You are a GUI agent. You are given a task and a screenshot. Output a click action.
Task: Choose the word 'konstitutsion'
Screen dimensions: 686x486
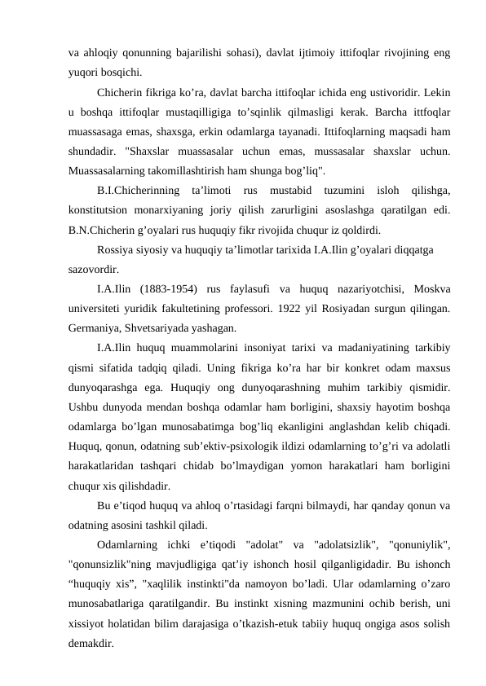coord(100,210)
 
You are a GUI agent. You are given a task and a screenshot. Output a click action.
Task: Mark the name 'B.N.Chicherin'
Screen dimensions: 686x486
coord(104,230)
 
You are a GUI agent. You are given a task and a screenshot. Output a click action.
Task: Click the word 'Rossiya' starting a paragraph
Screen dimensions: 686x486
coord(117,249)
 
